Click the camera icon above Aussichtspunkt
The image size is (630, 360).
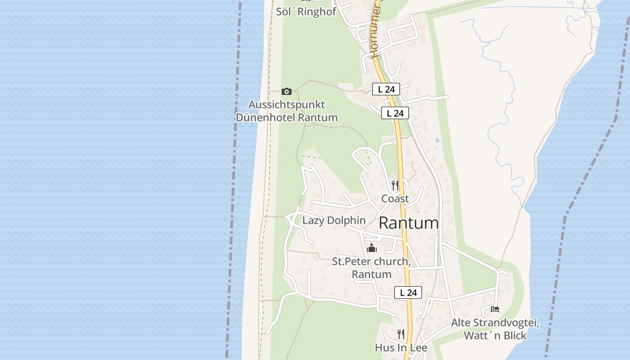pyautogui.click(x=286, y=92)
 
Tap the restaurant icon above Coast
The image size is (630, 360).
pyautogui.click(x=395, y=185)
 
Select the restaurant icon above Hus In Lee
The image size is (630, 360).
pyautogui.click(x=400, y=334)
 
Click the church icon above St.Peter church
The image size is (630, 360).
pyautogui.click(x=372, y=248)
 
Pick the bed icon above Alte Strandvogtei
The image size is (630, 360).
pyautogui.click(x=495, y=309)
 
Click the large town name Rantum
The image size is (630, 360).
pyautogui.click(x=409, y=223)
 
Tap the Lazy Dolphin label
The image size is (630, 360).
pyautogui.click(x=334, y=220)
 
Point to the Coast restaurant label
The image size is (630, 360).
pyautogui.click(x=395, y=198)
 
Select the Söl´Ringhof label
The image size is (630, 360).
pyautogui.click(x=306, y=12)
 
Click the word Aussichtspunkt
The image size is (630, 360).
pyautogui.click(x=287, y=105)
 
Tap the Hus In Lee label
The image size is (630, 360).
pyautogui.click(x=401, y=348)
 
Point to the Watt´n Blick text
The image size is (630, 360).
pyautogui.click(x=495, y=336)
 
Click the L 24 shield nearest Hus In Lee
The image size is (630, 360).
pyautogui.click(x=408, y=292)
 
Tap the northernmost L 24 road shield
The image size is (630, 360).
pyautogui.click(x=386, y=89)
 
